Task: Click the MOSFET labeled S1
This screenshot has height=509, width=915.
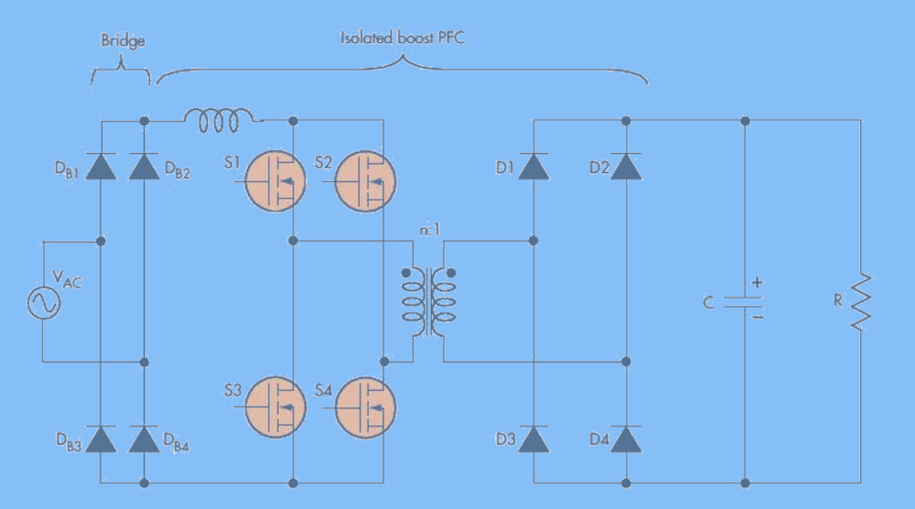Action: pos(278,180)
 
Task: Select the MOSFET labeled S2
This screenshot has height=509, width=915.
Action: pos(366,180)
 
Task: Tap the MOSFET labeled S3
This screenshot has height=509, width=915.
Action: pos(278,406)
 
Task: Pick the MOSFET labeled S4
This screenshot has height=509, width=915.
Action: pos(366,406)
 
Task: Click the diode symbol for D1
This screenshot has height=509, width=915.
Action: pos(533,166)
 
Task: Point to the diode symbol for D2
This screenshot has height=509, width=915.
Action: pos(625,166)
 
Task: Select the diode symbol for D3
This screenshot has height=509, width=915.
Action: pos(533,439)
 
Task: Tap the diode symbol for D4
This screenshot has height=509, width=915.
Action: pos(625,439)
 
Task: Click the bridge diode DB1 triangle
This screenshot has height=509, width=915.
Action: pos(101,167)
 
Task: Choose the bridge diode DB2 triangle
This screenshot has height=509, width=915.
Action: pos(144,167)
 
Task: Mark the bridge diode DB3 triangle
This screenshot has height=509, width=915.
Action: pos(101,439)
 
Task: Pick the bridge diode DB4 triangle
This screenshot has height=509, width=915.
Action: pos(144,439)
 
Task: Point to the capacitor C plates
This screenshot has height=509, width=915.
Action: pos(745,302)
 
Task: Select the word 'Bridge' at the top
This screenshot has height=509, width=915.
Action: pos(122,42)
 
